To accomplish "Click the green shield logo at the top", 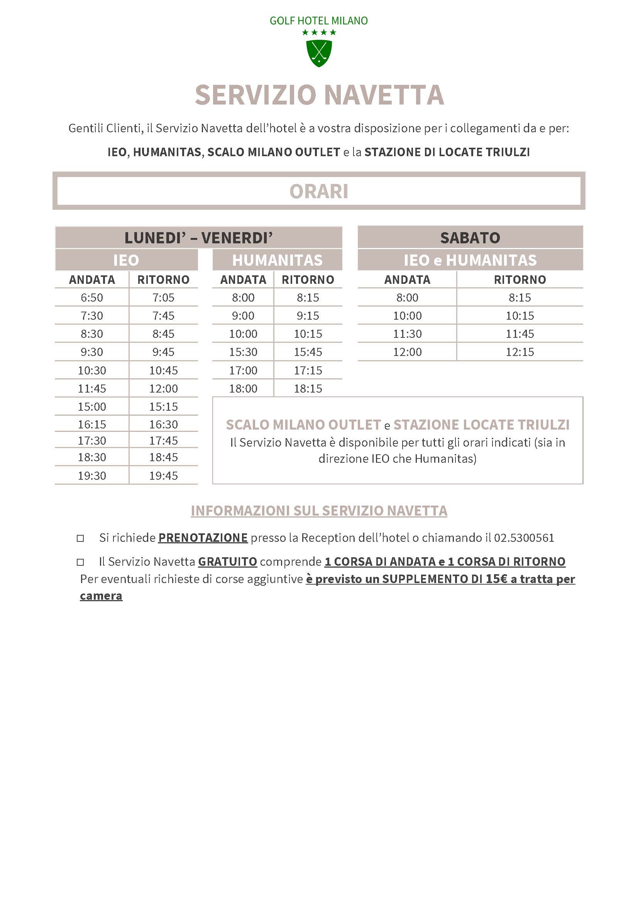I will click(319, 53).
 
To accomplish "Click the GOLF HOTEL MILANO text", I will click(318, 21).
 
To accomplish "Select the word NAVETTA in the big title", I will click(384, 95).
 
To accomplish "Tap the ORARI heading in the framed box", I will click(319, 192).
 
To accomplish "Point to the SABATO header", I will click(470, 238).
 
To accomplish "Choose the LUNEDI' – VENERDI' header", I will click(198, 238).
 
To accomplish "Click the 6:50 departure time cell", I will click(91, 297).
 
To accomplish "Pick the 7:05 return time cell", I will click(163, 297).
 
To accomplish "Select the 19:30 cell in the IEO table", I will click(91, 475).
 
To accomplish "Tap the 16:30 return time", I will click(163, 424).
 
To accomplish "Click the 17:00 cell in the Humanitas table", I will click(243, 370).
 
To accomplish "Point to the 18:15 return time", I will click(308, 389).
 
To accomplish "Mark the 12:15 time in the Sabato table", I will click(520, 352).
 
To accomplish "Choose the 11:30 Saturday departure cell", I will click(407, 334).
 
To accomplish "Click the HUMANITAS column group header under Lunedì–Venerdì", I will click(277, 260).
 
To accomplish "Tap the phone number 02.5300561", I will click(524, 538).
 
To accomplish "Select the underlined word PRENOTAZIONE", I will click(203, 538).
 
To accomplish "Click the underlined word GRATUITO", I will click(227, 561).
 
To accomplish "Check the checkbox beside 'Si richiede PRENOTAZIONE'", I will click(80, 538).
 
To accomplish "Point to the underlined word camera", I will click(101, 595).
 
